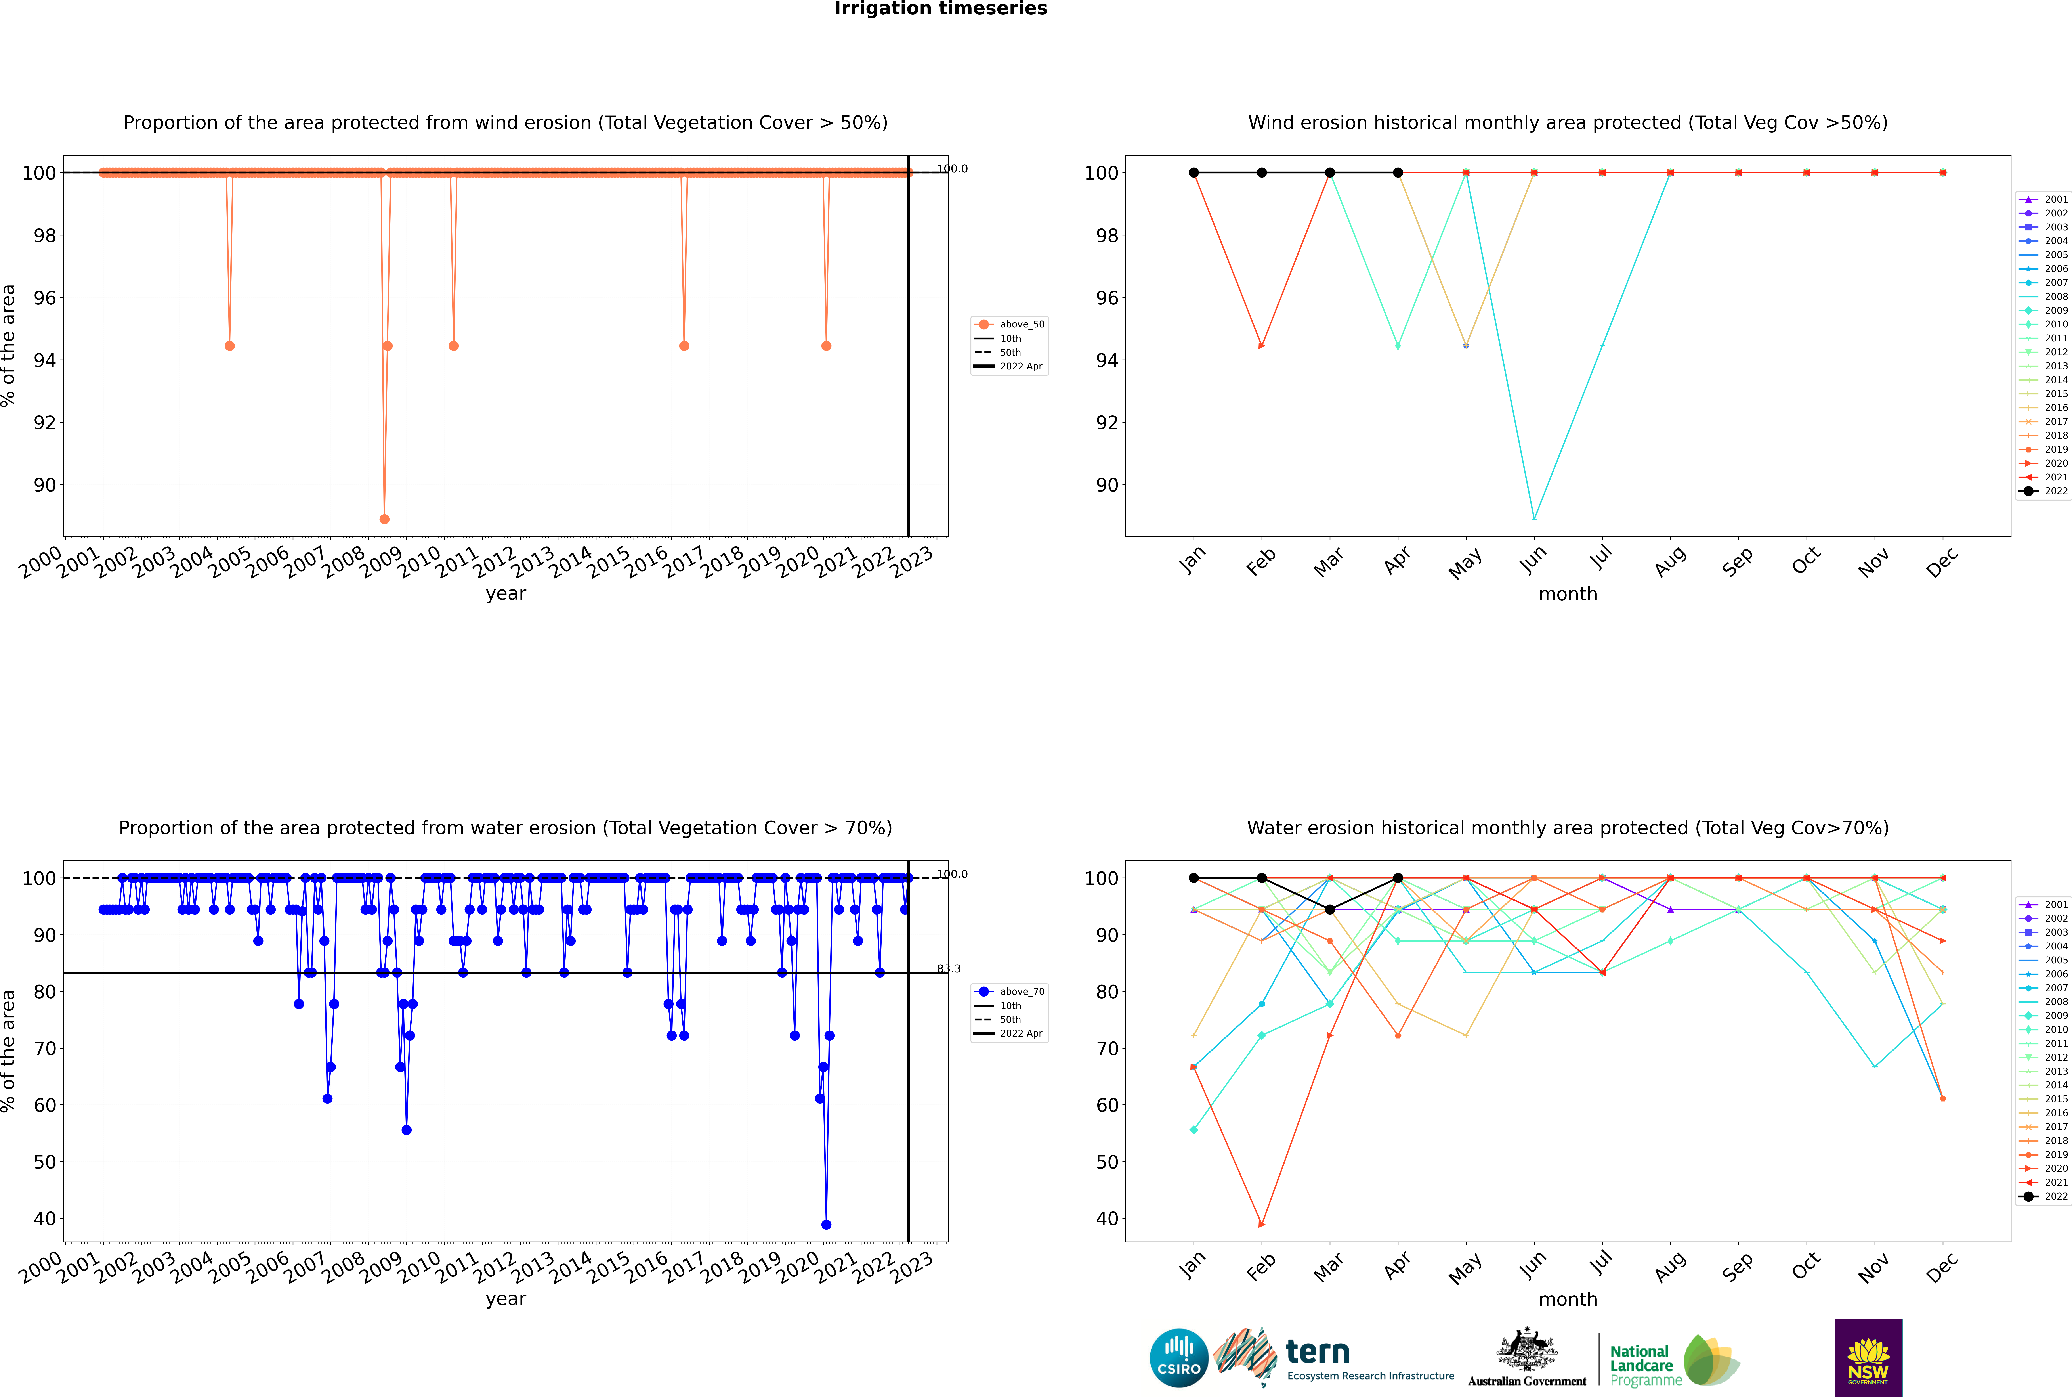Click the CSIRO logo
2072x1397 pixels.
tap(1178, 1358)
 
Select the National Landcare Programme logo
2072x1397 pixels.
tap(1673, 1361)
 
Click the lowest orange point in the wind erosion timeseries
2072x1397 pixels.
tap(384, 519)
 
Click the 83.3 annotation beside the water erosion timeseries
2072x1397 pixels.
tap(949, 968)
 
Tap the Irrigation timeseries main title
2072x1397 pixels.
tap(941, 9)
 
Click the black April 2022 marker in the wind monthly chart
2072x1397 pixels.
tap(1398, 173)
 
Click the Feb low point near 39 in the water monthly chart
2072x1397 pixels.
tap(1261, 1224)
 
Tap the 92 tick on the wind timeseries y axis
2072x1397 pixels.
tap(44, 422)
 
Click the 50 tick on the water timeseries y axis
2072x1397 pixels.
tap(44, 1162)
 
